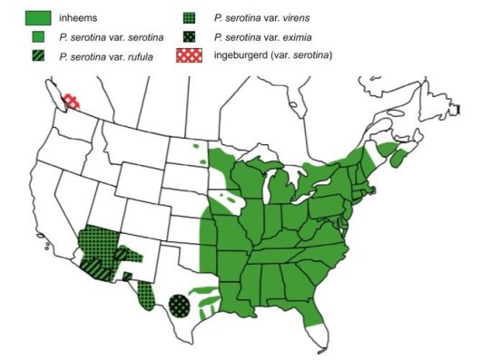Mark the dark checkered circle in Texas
(181, 305)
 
